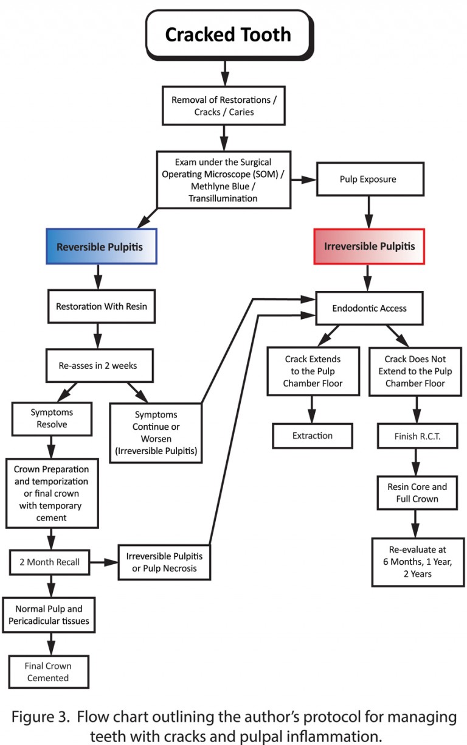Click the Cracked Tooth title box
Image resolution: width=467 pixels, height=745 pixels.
pos(228,35)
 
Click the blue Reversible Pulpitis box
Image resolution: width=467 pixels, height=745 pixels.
pos(102,247)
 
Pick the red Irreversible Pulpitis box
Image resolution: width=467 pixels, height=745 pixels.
pos(369,247)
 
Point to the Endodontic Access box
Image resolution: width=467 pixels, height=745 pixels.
pos(369,308)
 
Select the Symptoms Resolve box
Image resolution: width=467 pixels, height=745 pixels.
pos(52,419)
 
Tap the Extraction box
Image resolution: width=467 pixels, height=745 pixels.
pos(312,436)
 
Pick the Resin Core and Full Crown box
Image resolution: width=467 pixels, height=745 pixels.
pos(417,493)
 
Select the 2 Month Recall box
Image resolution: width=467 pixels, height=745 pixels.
pos(51,562)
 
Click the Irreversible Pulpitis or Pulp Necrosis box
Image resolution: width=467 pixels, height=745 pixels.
pos(164,562)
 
